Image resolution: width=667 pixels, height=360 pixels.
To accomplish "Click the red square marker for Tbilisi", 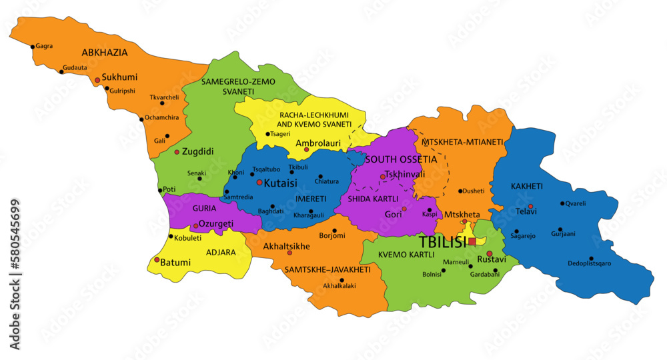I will tap(472, 241).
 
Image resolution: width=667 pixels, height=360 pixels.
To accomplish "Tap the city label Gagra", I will tap(45, 46).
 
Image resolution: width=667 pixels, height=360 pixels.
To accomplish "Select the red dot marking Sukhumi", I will tap(97, 80).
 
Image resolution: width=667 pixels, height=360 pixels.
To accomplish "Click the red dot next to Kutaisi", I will tap(259, 182).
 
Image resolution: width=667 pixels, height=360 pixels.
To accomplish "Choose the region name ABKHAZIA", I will tap(105, 52).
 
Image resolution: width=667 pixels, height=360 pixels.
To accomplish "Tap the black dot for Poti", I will tap(159, 190).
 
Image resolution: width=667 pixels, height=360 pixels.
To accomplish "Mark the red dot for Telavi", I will tap(530, 207).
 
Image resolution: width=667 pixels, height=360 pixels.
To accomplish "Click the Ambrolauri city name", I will tap(318, 143).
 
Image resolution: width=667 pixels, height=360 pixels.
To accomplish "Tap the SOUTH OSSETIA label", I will tap(401, 159).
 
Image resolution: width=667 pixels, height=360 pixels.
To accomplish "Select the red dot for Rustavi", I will tap(490, 253).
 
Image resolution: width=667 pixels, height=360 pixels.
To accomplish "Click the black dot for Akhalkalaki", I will tap(342, 280).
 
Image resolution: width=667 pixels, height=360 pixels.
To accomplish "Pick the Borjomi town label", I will tap(332, 235).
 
